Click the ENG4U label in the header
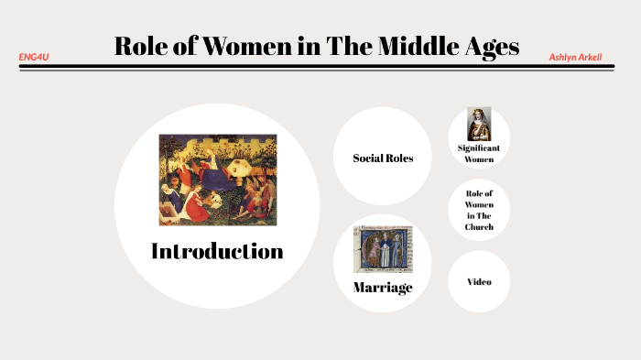point(34,57)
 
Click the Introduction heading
point(217,251)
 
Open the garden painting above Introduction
point(217,180)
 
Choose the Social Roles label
point(383,158)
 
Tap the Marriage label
point(383,288)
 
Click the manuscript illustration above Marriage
point(384,249)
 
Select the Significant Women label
point(479,153)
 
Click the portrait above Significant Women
point(479,123)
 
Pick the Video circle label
point(479,282)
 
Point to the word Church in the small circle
point(479,227)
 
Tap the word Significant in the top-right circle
point(479,147)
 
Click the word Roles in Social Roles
point(398,158)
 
